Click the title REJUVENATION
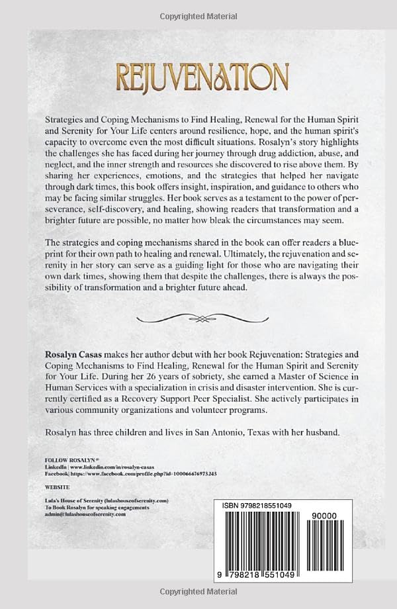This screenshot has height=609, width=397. tap(198, 77)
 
